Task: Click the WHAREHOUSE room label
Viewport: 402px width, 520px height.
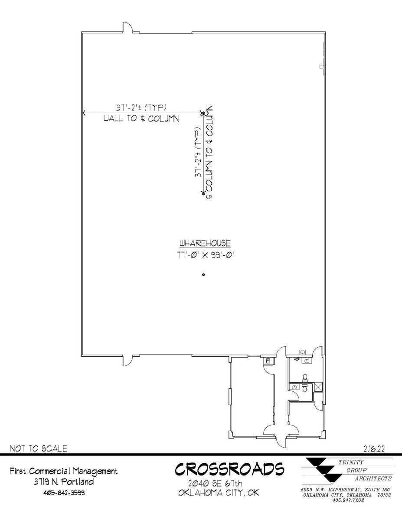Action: pos(205,243)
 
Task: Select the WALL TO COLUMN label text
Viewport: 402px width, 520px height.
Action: pos(141,119)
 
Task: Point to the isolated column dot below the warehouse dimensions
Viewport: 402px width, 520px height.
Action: pos(203,275)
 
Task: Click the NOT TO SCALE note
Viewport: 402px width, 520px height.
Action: pos(39,448)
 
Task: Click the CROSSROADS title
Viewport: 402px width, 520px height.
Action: pos(229,470)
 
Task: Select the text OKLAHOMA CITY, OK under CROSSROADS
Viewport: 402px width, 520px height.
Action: pos(219,493)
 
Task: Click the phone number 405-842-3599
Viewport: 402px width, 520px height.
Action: pos(64,493)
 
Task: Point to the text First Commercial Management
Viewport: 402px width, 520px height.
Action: pos(64,471)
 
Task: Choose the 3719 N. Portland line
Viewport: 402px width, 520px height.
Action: pos(64,482)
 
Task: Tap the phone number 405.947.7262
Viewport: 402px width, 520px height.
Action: pos(348,500)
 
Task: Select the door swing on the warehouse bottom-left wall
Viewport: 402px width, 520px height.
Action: pos(127,360)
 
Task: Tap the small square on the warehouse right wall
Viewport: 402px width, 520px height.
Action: pos(321,66)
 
